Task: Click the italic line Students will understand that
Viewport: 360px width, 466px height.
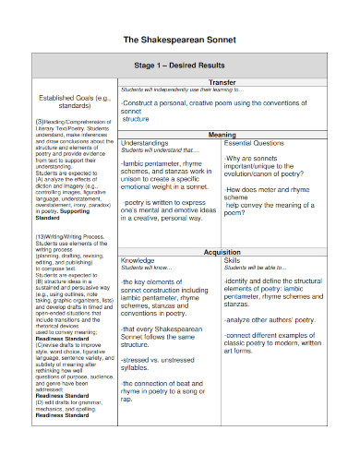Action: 153,151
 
